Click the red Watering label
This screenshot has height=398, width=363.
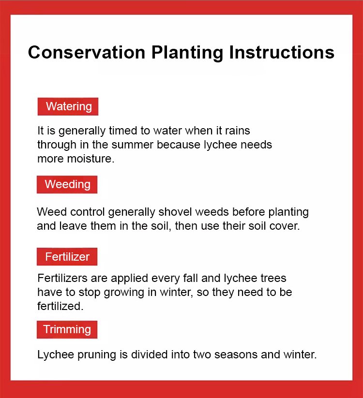[68, 106]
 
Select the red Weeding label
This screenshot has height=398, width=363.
[67, 184]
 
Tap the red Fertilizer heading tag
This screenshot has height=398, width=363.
[67, 257]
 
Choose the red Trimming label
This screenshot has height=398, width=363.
[67, 329]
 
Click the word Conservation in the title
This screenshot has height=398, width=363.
[86, 52]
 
